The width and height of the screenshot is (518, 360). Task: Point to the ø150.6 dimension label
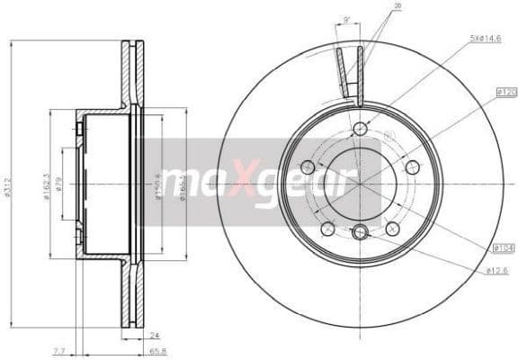pos(158,185)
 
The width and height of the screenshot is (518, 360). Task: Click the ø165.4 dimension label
pos(183,185)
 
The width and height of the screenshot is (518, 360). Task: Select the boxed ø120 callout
pos(504,93)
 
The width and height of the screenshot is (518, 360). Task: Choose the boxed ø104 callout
pos(504,247)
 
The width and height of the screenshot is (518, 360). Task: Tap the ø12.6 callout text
pos(497,270)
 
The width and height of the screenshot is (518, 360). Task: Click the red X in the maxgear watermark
pos(245,183)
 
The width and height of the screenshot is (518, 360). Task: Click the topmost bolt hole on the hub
pos(360,129)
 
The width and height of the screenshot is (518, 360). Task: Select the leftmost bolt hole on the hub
pos(308,166)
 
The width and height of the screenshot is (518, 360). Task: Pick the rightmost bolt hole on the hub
pos(412,166)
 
